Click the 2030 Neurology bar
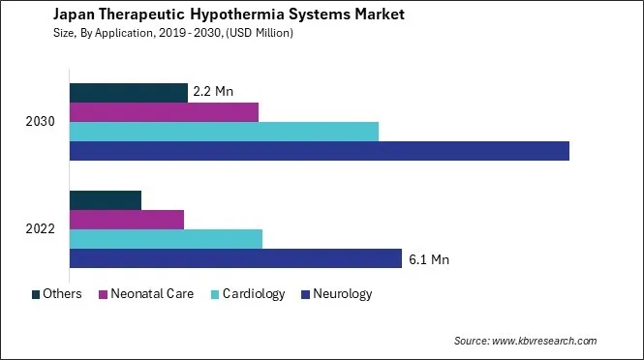(x=320, y=151)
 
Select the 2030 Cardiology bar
(x=224, y=132)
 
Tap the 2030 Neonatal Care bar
(x=164, y=112)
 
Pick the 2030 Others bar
(x=128, y=93)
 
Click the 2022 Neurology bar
(x=235, y=258)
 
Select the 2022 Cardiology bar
(x=166, y=239)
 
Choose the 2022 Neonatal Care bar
(x=126, y=220)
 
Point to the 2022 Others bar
(x=106, y=200)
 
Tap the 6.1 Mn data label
(x=429, y=259)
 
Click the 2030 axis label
(x=41, y=122)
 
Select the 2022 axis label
(x=41, y=229)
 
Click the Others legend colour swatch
(x=37, y=294)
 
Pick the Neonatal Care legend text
(x=152, y=294)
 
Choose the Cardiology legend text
(x=254, y=294)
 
